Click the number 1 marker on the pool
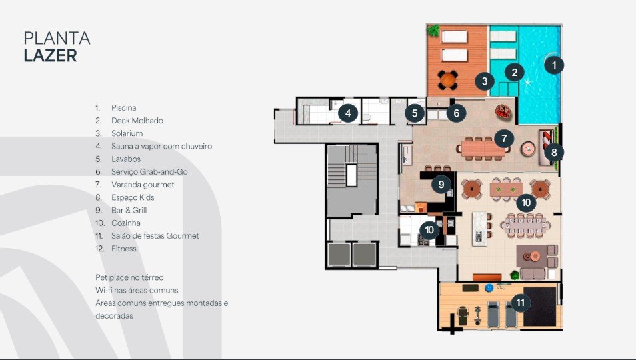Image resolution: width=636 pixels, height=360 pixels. [554, 65]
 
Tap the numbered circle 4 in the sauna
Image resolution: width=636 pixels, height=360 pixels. [348, 113]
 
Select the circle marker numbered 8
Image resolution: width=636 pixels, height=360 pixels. [554, 153]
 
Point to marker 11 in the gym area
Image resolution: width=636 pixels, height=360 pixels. [521, 303]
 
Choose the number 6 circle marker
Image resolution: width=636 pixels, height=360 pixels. [456, 113]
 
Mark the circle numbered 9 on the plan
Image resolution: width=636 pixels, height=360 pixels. [441, 185]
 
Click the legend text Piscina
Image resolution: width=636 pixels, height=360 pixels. [124, 108]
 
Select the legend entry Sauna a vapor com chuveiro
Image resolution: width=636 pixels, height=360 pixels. [161, 147]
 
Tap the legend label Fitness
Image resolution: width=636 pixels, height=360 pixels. [124, 249]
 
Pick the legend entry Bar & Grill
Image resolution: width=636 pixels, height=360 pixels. [129, 211]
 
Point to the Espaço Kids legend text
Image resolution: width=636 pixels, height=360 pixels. [133, 197]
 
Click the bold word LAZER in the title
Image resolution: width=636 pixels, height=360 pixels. [50, 55]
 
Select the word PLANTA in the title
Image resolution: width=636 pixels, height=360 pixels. [57, 39]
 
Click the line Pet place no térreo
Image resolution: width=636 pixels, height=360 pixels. [129, 278]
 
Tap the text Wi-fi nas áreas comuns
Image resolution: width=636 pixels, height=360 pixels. [137, 290]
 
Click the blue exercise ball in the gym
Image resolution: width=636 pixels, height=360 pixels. [489, 288]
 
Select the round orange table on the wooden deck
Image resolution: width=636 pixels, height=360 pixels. [448, 80]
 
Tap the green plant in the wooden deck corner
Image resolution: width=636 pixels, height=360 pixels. [433, 31]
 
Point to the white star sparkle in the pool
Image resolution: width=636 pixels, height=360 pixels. [527, 83]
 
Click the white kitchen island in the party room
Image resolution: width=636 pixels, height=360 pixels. [479, 229]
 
